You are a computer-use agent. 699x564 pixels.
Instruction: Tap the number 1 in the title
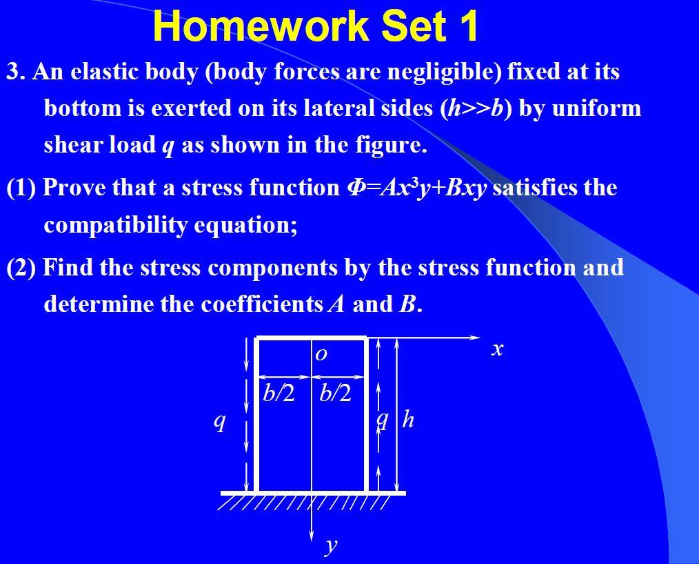pos(466,26)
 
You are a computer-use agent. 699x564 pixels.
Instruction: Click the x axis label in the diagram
pos(497,349)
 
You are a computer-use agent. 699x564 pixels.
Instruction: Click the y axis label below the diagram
pos(332,545)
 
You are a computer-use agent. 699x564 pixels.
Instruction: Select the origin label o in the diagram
pos(321,355)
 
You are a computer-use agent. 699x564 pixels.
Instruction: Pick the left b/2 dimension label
pos(278,393)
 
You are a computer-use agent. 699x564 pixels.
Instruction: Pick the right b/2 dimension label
pos(336,393)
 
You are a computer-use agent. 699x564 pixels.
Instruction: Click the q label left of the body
pos(219,420)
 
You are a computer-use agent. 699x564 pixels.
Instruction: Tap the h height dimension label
pos(408,419)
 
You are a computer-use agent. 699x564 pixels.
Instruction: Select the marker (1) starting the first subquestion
pos(21,188)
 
